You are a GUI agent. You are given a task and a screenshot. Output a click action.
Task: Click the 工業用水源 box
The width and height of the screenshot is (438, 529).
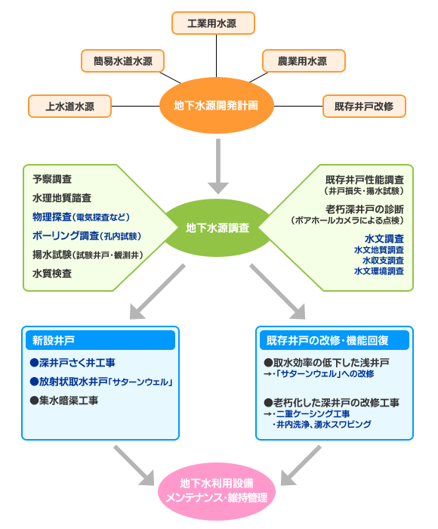tap(213, 23)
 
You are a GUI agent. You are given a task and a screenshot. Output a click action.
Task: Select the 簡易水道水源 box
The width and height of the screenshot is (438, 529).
tap(123, 61)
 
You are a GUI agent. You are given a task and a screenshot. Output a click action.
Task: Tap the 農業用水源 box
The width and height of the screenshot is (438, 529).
tap(304, 61)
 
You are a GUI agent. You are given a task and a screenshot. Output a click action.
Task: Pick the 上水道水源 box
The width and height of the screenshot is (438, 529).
tap(69, 107)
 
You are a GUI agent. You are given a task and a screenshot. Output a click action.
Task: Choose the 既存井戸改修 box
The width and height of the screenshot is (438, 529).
tap(364, 107)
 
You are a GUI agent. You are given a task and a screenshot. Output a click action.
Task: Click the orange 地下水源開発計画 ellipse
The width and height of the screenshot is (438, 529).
tap(216, 106)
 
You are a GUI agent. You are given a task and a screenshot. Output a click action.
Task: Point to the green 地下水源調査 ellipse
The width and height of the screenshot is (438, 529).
tap(217, 227)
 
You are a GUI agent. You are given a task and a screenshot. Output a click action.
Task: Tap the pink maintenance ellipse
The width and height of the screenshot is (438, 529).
tap(217, 491)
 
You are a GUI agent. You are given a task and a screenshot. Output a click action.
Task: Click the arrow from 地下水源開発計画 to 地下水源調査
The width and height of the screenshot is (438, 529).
tap(218, 166)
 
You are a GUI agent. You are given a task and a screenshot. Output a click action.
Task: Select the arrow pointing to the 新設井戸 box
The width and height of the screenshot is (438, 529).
tap(158, 292)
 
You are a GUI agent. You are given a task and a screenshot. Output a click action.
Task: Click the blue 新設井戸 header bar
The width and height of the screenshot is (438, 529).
tap(100, 340)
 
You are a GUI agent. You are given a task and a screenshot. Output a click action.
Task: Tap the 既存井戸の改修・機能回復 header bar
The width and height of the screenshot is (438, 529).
tap(335, 340)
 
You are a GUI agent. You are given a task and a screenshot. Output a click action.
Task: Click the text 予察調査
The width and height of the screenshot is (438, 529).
tap(52, 179)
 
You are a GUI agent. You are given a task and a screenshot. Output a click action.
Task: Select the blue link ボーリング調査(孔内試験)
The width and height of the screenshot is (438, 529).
tap(87, 236)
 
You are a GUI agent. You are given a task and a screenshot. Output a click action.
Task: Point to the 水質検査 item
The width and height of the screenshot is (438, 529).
tap(52, 274)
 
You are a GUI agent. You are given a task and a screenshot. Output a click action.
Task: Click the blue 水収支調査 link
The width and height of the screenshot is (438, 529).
tap(383, 261)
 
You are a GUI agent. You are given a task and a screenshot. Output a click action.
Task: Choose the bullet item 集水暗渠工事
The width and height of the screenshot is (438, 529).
tap(64, 401)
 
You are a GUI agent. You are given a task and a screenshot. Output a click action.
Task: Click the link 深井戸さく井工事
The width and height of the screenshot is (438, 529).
tap(72, 363)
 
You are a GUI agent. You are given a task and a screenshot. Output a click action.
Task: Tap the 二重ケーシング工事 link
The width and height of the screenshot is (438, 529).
tap(313, 413)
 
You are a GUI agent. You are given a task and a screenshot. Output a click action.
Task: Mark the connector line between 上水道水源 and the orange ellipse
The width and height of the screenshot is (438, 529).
tap(135, 107)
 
